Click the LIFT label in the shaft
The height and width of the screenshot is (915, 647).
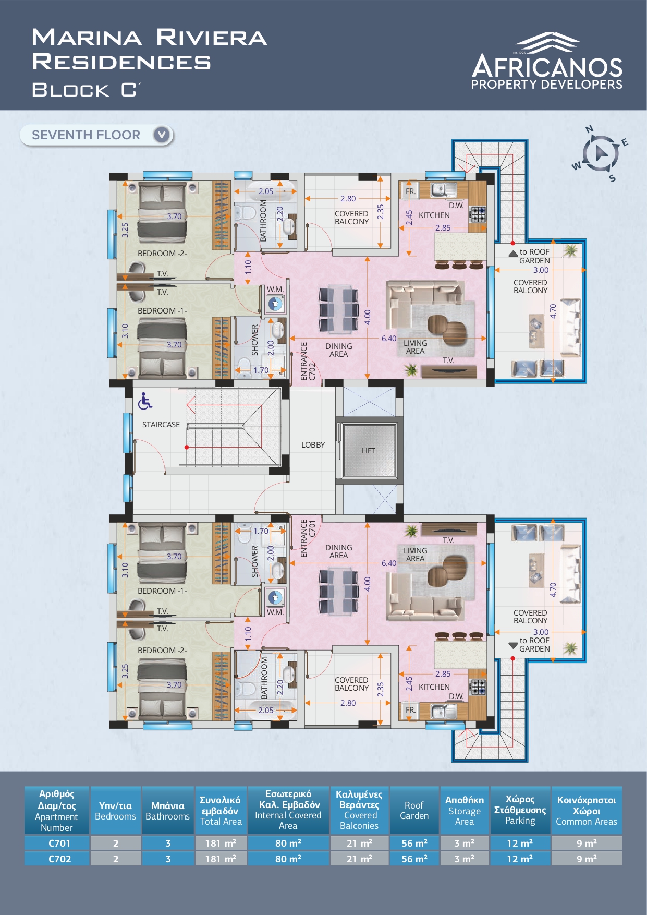(x=368, y=451)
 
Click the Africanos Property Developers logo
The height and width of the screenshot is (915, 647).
(x=547, y=61)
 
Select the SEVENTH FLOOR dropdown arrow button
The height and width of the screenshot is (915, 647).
(x=162, y=135)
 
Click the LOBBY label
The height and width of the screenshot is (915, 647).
(x=313, y=445)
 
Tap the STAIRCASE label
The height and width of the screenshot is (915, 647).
(x=161, y=425)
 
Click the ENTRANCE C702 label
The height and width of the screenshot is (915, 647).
(x=308, y=361)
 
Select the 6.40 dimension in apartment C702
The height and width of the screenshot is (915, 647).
(x=389, y=339)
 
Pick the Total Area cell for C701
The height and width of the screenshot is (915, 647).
(x=221, y=843)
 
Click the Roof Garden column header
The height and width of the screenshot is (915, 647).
(x=414, y=810)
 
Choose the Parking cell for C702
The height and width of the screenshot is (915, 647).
(x=520, y=859)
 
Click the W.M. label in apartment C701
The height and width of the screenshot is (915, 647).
(x=275, y=612)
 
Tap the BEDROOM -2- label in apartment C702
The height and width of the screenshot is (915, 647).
(x=162, y=254)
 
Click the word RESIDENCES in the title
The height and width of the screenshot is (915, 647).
(x=121, y=62)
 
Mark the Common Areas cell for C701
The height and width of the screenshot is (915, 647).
(x=587, y=843)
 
